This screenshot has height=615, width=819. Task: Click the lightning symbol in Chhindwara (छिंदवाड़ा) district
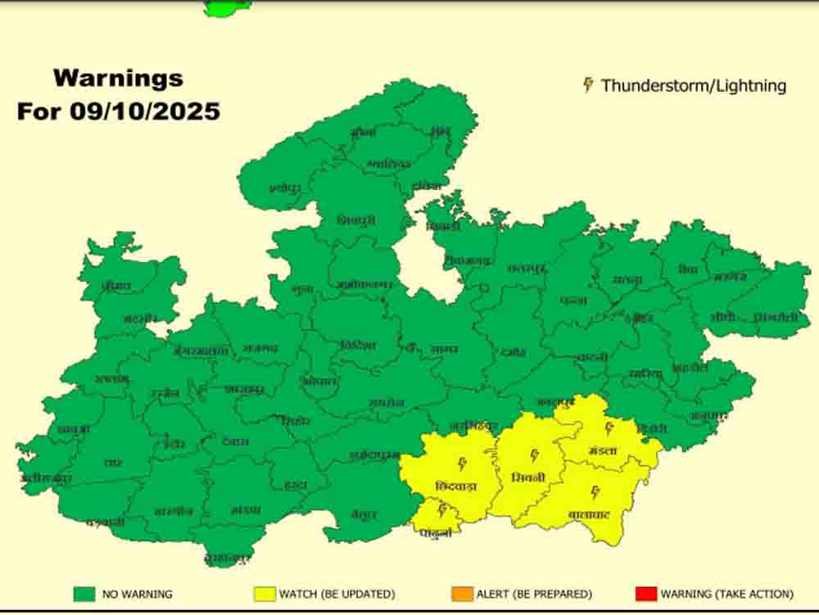(462, 464)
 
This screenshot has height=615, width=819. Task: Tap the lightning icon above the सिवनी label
(535, 455)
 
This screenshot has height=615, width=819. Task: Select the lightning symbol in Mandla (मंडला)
(609, 428)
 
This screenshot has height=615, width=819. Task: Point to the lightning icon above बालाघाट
(595, 492)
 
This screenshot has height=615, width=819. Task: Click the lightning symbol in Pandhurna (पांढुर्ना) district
(443, 511)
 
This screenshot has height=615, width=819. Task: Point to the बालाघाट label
(590, 514)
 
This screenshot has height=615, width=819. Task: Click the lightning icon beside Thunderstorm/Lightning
(588, 84)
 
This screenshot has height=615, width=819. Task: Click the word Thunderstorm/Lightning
(694, 85)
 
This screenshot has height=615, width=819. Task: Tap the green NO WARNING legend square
(84, 594)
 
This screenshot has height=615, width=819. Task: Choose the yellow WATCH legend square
(265, 594)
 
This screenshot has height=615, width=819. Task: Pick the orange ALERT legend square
(462, 594)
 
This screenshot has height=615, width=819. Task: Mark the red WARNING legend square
(646, 594)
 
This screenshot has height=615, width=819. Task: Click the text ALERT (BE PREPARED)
(534, 594)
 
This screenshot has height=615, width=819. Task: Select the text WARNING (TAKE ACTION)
(726, 594)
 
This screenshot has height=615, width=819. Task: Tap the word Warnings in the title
(118, 79)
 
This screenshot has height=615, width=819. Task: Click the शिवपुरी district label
(356, 220)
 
